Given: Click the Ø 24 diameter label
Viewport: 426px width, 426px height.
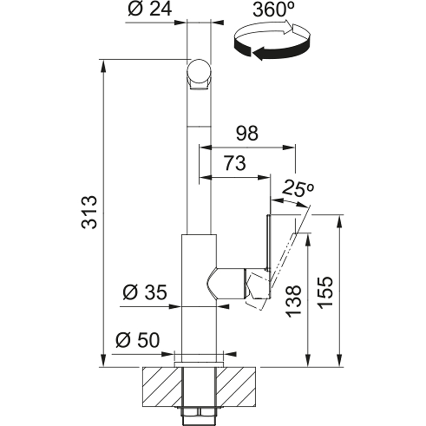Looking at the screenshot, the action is tap(150, 10).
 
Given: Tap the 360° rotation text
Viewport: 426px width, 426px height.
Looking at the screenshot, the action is tap(274, 10).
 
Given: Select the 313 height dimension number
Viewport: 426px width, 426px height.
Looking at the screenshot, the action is tap(89, 212).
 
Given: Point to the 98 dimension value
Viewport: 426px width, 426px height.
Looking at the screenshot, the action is tap(247, 134).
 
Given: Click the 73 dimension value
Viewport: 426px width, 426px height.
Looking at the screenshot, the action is tap(235, 163).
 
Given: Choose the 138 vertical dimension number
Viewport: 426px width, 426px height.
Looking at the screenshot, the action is tap(294, 301).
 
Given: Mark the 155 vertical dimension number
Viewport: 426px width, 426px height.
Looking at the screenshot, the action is tap(325, 292).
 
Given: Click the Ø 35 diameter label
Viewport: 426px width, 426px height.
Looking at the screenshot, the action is tap(144, 292).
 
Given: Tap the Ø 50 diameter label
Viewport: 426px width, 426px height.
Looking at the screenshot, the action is tap(137, 340).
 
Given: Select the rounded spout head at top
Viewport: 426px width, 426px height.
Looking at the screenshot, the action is tap(199, 74).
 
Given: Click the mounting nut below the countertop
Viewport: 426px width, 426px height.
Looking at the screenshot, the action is tap(199, 412).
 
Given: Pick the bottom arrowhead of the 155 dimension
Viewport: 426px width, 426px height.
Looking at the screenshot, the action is tap(339, 360).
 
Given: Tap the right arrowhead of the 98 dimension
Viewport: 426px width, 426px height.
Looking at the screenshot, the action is tap(289, 148).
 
